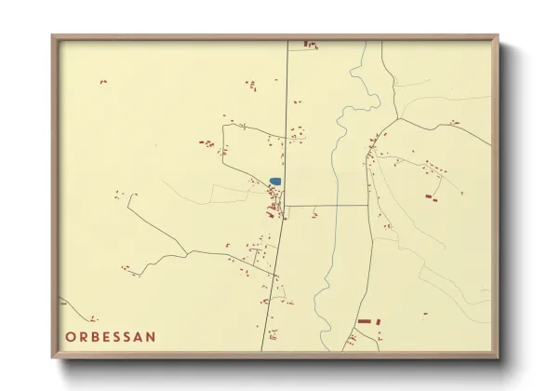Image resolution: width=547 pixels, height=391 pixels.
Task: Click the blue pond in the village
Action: pos(275,182)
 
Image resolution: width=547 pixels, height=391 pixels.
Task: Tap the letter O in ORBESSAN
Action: pos(71,336)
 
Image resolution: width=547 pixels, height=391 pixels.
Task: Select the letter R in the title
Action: pos(84,336)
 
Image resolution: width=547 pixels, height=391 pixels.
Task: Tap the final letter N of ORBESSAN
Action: pos(151,336)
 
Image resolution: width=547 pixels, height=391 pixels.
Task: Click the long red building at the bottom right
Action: pos(364,321)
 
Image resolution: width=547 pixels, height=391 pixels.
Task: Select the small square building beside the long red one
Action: pos(379,321)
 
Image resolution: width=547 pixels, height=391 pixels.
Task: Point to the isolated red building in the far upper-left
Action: pos(103,82)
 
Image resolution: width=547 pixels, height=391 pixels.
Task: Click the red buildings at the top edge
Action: pos(311,44)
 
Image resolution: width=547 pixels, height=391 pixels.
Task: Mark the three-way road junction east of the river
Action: pos(398,119)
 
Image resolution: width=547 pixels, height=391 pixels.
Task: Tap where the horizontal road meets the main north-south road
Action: pos(285,205)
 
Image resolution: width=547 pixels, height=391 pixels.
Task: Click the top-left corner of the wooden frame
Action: pos(53,37)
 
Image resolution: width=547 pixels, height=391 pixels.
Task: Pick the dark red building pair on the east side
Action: pos(430,196)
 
